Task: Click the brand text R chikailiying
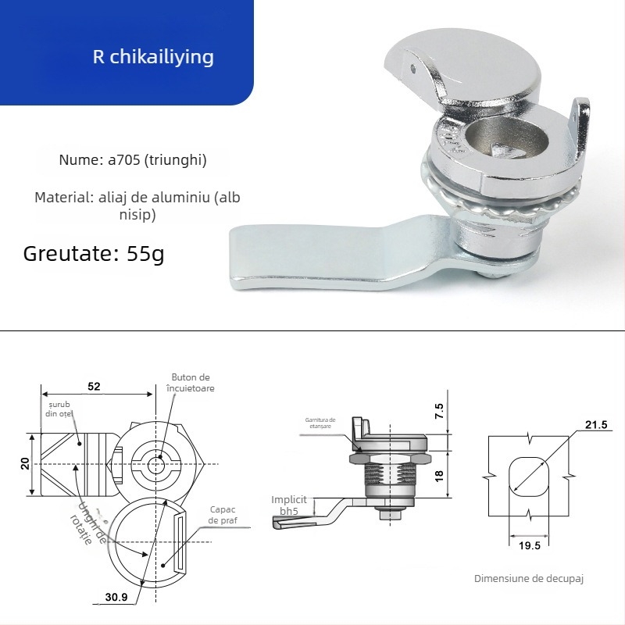pos(152,58)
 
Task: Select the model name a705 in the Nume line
pos(121,160)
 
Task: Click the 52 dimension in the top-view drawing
pos(94,387)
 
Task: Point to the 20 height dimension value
pos(25,463)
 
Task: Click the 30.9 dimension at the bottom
pos(117,598)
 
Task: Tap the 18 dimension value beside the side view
pos(439,474)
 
